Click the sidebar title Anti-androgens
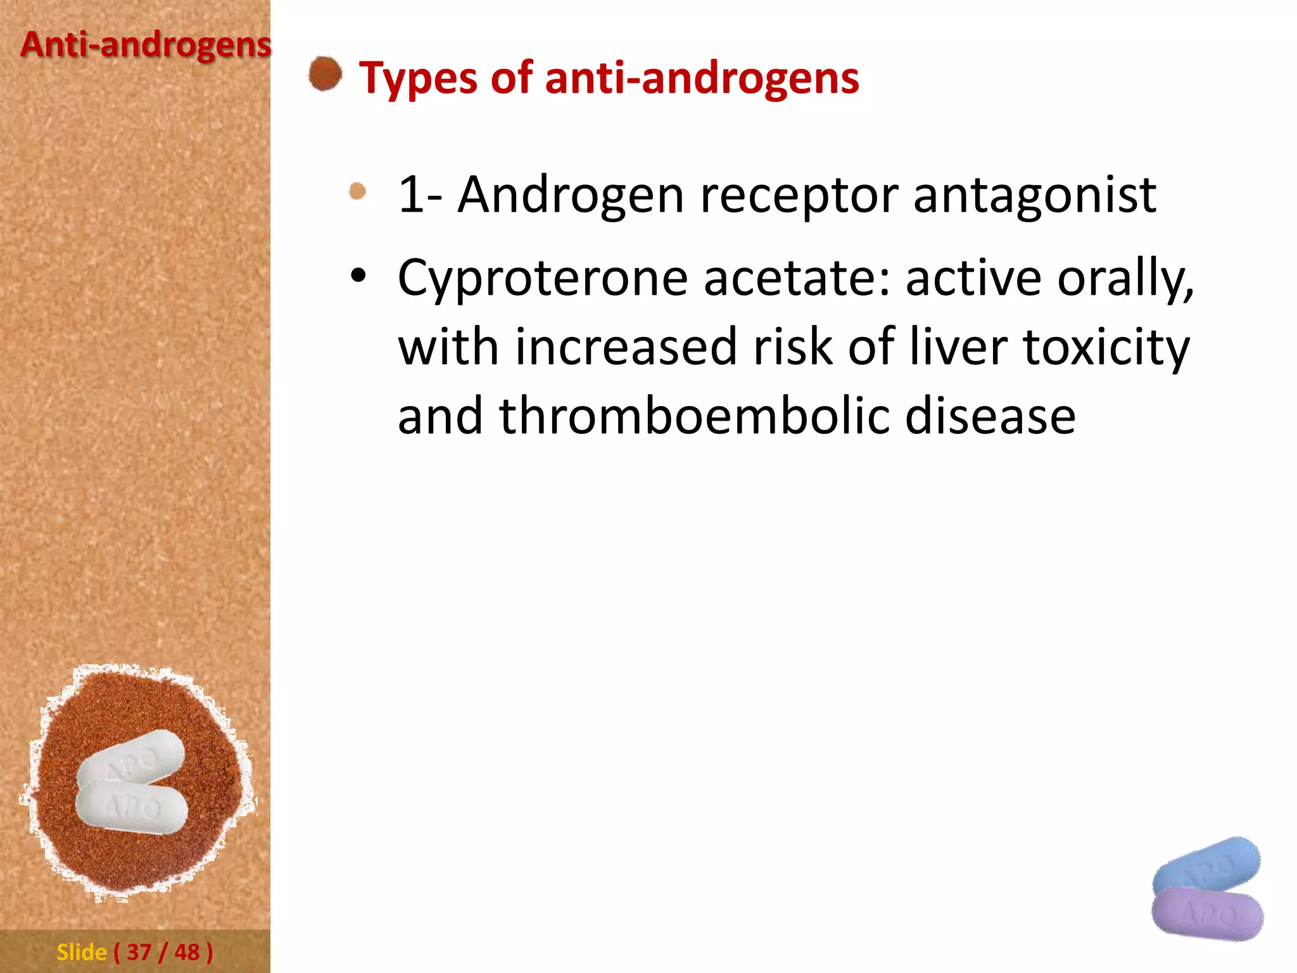point(146,46)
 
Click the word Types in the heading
point(418,79)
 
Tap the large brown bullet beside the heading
point(325,73)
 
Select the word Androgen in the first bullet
point(570,195)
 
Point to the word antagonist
point(1034,195)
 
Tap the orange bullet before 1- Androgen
point(358,191)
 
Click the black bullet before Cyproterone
point(358,276)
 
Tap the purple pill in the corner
point(1207,913)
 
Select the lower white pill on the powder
point(132,808)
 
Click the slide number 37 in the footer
point(139,952)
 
